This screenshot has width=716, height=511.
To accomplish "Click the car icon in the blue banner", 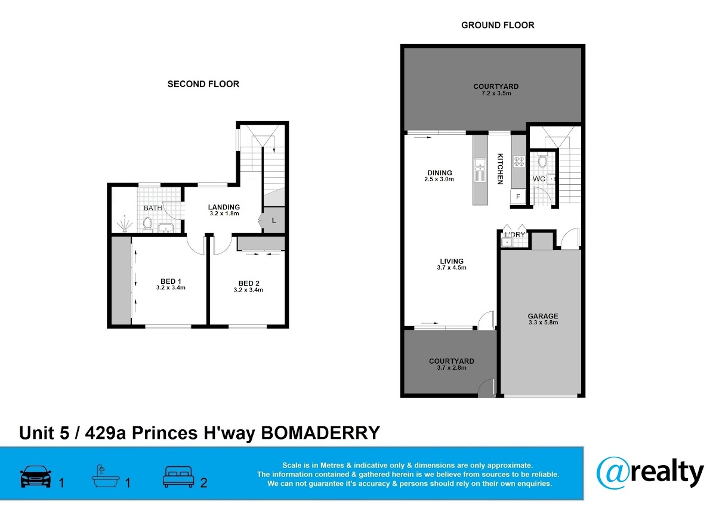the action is coord(35,476).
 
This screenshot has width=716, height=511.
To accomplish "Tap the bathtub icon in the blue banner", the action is coord(106,476).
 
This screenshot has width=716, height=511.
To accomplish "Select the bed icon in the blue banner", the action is coord(178,477).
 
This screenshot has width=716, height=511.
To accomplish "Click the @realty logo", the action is coord(650,473).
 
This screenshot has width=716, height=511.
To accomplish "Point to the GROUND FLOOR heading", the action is coord(498,25).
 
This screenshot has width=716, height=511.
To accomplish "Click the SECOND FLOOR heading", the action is coord(203,84).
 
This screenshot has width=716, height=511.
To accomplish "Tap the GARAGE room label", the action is coord(543,316).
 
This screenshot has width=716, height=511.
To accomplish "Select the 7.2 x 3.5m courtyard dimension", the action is coord(496,93).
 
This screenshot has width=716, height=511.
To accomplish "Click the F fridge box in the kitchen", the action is coord(518,197).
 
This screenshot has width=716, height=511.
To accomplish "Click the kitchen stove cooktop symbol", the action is coord(519,161).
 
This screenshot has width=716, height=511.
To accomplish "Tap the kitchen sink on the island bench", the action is coord(480,170).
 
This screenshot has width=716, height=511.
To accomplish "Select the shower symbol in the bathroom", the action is coord(124,224).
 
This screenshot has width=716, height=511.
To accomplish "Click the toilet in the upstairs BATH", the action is coord(147,224).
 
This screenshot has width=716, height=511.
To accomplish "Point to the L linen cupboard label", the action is coord(274,221).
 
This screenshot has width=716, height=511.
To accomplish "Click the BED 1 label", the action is coord(171,281).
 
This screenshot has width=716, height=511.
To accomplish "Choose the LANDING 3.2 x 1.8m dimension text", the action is coord(224,213).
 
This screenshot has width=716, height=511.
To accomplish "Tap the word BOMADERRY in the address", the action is coord(320,433).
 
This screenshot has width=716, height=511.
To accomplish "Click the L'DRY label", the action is coord(515,235).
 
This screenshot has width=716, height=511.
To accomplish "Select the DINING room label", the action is coord(440,173).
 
